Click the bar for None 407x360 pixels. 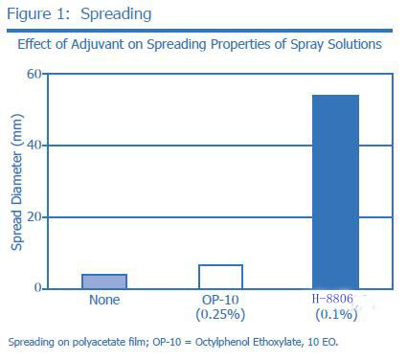click(x=104, y=281)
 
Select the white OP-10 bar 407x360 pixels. click(x=220, y=276)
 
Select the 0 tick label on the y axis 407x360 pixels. click(x=40, y=288)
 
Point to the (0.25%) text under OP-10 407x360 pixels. click(x=220, y=314)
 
